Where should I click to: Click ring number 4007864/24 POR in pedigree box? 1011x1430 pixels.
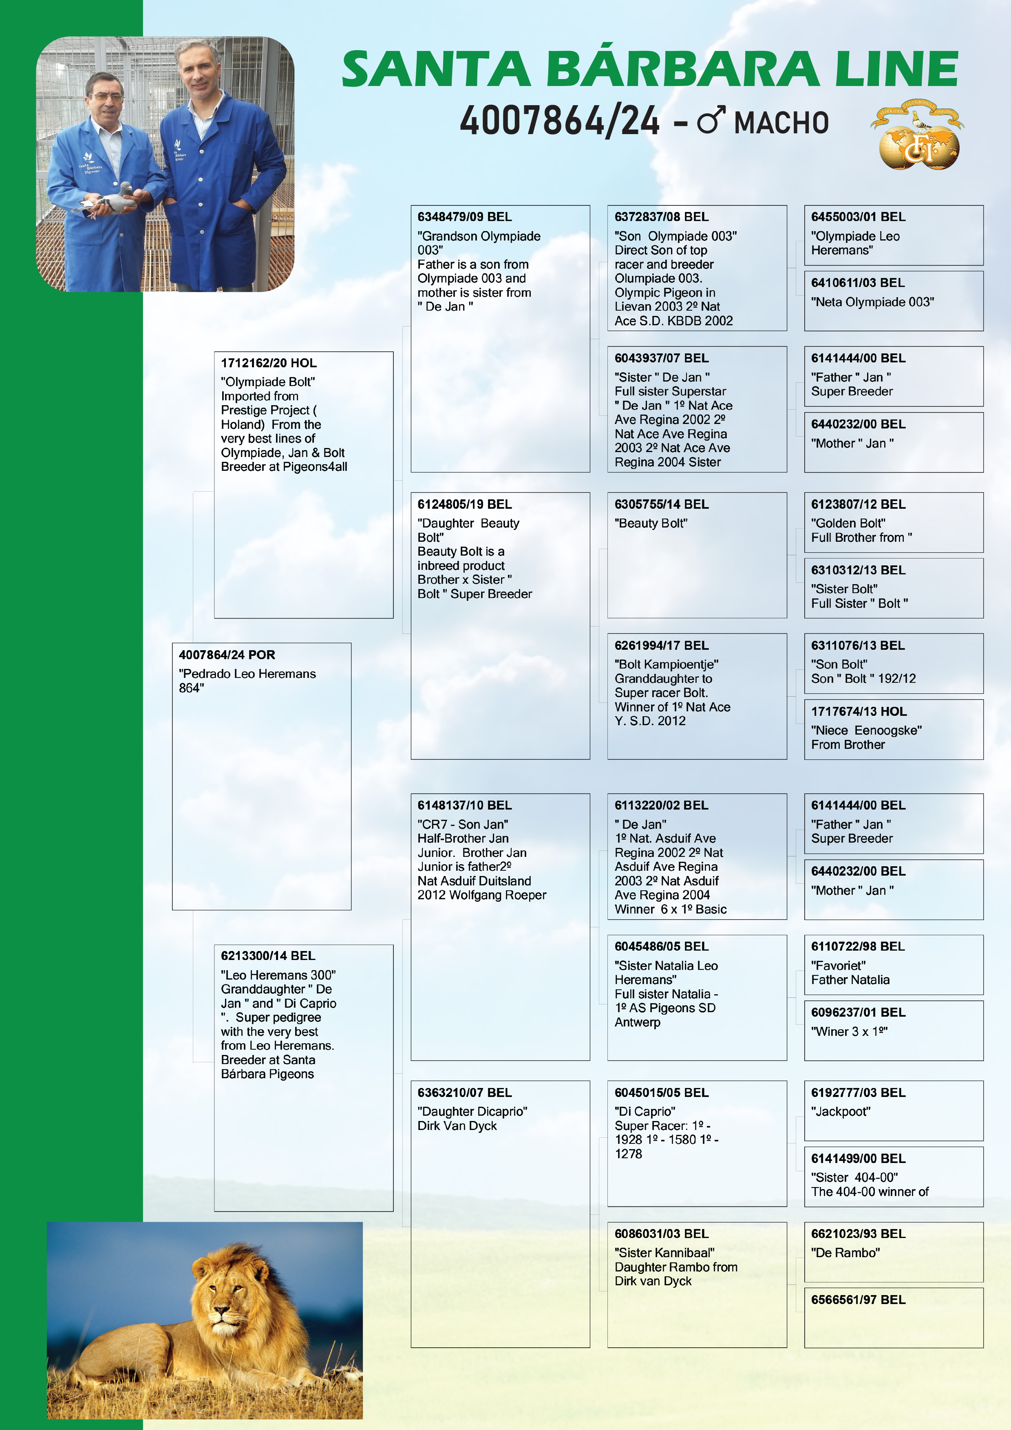click(227, 655)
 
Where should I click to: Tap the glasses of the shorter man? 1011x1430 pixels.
click(107, 97)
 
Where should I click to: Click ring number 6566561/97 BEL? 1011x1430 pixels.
click(858, 1300)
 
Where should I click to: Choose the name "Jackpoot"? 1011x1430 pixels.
click(840, 1111)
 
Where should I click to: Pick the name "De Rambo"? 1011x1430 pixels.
click(845, 1253)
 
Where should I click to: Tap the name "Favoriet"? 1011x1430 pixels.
click(838, 965)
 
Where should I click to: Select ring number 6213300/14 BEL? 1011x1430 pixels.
click(268, 956)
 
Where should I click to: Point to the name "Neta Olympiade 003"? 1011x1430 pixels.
click(872, 302)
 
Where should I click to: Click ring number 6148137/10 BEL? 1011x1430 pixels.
click(464, 805)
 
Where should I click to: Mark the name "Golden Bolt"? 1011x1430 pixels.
click(848, 523)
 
